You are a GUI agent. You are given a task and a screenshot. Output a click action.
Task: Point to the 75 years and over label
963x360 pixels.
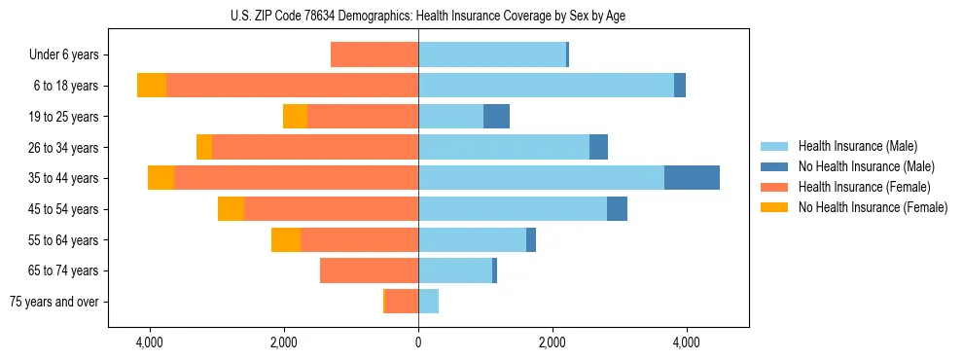coord(53,302)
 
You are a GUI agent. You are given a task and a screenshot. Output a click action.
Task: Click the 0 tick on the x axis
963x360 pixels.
coord(418,343)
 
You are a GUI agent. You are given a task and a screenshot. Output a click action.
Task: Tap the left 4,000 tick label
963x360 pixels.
coord(150,343)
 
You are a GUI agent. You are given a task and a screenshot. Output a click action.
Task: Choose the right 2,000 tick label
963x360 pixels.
coord(552,343)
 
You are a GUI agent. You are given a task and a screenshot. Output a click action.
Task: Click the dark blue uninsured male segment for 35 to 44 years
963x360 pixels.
coord(692,178)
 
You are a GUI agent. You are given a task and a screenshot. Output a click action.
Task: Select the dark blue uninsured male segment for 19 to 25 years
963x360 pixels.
coord(496,117)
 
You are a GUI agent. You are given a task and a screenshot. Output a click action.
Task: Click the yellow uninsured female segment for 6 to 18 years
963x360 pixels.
coord(152,86)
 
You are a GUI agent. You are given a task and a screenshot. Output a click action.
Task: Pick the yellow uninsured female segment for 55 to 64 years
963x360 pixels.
coord(286,240)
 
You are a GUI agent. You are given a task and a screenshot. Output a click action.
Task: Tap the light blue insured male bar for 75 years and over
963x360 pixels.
coord(428,302)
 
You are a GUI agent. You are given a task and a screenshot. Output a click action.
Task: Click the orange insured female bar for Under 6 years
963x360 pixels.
coord(374,55)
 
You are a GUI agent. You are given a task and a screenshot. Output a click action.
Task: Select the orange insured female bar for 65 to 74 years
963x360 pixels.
coord(369,270)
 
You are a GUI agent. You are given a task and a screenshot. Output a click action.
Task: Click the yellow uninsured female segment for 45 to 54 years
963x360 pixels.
coord(231,209)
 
